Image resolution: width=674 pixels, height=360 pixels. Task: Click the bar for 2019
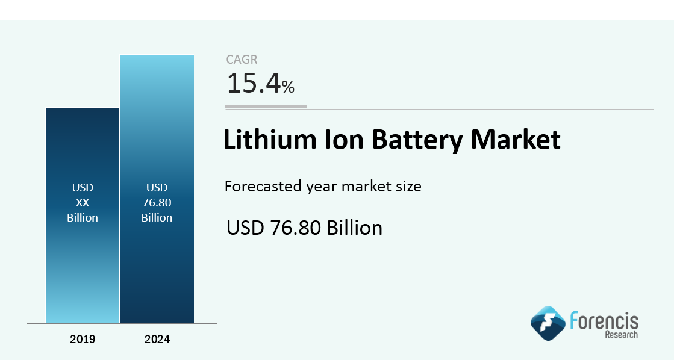click(x=83, y=265)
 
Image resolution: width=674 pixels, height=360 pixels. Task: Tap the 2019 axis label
click(x=83, y=340)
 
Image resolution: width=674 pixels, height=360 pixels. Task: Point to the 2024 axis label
click(x=157, y=340)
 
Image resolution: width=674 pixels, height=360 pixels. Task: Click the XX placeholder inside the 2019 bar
click(x=83, y=203)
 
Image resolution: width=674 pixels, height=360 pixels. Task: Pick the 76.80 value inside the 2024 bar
click(x=157, y=203)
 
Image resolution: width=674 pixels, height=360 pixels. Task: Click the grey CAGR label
click(x=242, y=60)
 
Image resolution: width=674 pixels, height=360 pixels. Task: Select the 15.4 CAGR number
click(x=253, y=84)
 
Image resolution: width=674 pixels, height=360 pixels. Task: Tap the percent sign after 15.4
click(x=288, y=88)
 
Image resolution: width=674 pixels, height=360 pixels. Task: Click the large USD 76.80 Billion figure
click(x=304, y=228)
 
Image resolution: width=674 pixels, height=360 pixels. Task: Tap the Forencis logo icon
click(x=548, y=323)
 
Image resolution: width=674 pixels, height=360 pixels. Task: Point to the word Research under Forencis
click(x=621, y=334)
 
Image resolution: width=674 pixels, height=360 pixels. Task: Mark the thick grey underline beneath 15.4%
click(x=266, y=107)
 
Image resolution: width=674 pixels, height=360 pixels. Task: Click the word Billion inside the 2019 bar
click(x=83, y=218)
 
